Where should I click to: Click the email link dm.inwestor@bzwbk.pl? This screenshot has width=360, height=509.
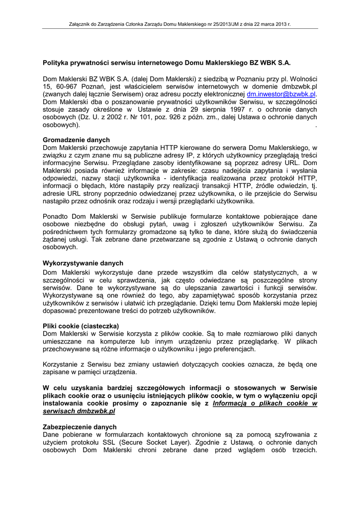[281, 93]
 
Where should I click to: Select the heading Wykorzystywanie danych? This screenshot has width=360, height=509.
[83, 263]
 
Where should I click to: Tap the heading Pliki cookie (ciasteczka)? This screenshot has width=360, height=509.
[80, 326]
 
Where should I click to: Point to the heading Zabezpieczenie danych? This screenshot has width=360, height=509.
[80, 427]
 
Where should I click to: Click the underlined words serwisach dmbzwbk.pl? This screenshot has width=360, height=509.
[79, 412]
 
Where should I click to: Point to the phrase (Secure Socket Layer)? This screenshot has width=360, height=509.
[156, 442]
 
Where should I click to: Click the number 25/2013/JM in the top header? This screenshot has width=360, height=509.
[232, 23]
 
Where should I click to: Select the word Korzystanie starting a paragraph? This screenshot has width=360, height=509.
[63, 364]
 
